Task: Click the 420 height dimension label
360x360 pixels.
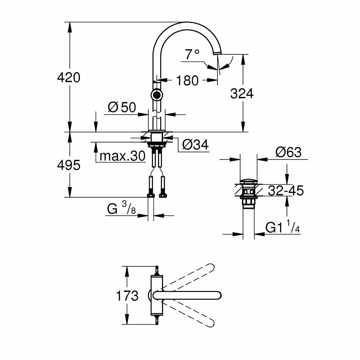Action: pos(69,77)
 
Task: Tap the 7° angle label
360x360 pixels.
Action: pos(192,54)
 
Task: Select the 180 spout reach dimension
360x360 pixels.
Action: pos(187,81)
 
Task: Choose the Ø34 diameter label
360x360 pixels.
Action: pos(195,145)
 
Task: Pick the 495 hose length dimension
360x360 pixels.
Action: pos(69,165)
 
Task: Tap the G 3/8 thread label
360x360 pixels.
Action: pos(121,209)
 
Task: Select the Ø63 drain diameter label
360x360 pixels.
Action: pos(288,152)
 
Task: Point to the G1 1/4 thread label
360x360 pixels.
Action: pos(283,228)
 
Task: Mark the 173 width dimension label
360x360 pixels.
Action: pos(127,296)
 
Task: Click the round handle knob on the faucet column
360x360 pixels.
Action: pos(157,95)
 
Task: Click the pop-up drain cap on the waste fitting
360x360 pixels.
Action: pos(248,180)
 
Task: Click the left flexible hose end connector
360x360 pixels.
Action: pos(151,195)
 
